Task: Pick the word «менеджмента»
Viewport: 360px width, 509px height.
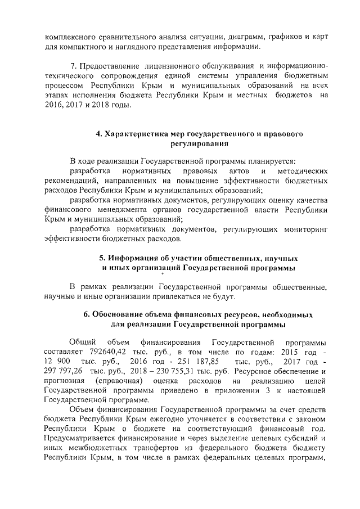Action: click(101, 209)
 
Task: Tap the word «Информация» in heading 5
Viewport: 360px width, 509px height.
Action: click(131, 258)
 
